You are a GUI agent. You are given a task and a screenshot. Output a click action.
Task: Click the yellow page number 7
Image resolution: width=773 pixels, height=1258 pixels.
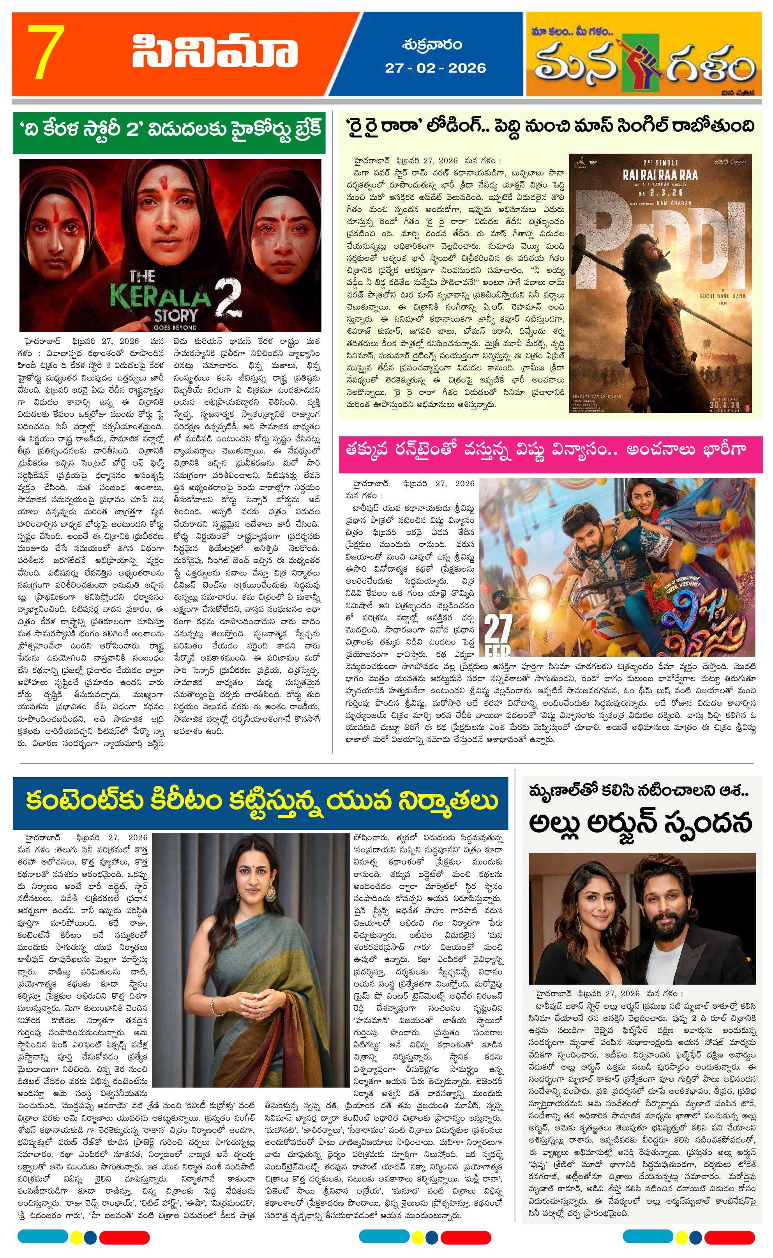47,52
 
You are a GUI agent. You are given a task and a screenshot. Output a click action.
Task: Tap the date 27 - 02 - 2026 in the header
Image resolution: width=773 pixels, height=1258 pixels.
435,68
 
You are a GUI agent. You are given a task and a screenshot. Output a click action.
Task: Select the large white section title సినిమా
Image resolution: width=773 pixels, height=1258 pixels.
215,52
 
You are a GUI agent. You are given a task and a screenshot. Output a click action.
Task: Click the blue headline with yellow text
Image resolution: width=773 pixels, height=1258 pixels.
260,800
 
